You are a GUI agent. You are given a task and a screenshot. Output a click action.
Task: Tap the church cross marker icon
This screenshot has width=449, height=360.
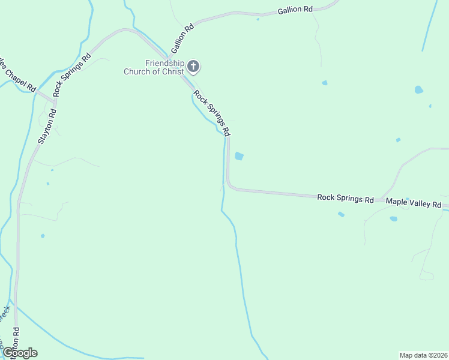pos(193,65)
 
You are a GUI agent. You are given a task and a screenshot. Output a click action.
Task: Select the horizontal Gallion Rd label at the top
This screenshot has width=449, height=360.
pos(295,10)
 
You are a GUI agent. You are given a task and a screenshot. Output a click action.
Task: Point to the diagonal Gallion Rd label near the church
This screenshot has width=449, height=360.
pos(182,37)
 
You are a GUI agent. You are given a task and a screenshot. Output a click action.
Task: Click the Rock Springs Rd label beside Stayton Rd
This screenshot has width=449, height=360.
pos(72,74)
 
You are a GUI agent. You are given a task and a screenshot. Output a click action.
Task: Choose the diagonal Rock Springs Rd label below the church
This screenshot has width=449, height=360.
pos(212,112)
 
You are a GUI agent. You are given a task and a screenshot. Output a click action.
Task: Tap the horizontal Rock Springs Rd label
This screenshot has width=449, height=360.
pos(345,197)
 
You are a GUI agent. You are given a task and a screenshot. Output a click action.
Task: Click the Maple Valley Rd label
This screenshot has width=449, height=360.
pos(414,203)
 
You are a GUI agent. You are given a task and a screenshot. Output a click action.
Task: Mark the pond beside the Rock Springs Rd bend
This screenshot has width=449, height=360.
pos(240,156)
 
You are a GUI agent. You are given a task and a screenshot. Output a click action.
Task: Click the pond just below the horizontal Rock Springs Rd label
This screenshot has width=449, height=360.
pos(341,214)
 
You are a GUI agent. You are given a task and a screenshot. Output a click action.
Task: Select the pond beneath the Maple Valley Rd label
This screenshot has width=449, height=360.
pos(393,219)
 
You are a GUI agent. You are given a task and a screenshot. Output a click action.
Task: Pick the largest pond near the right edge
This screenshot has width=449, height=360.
pos(418,90)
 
